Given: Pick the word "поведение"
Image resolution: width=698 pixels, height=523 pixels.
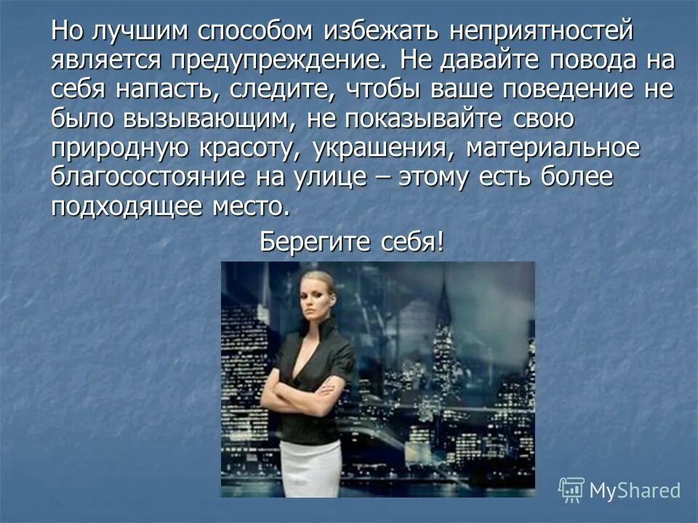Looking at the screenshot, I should [575, 89].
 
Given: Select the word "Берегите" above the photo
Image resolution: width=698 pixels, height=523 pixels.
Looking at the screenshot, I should [314, 240].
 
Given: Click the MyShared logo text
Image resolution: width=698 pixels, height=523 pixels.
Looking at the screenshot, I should [634, 490].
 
